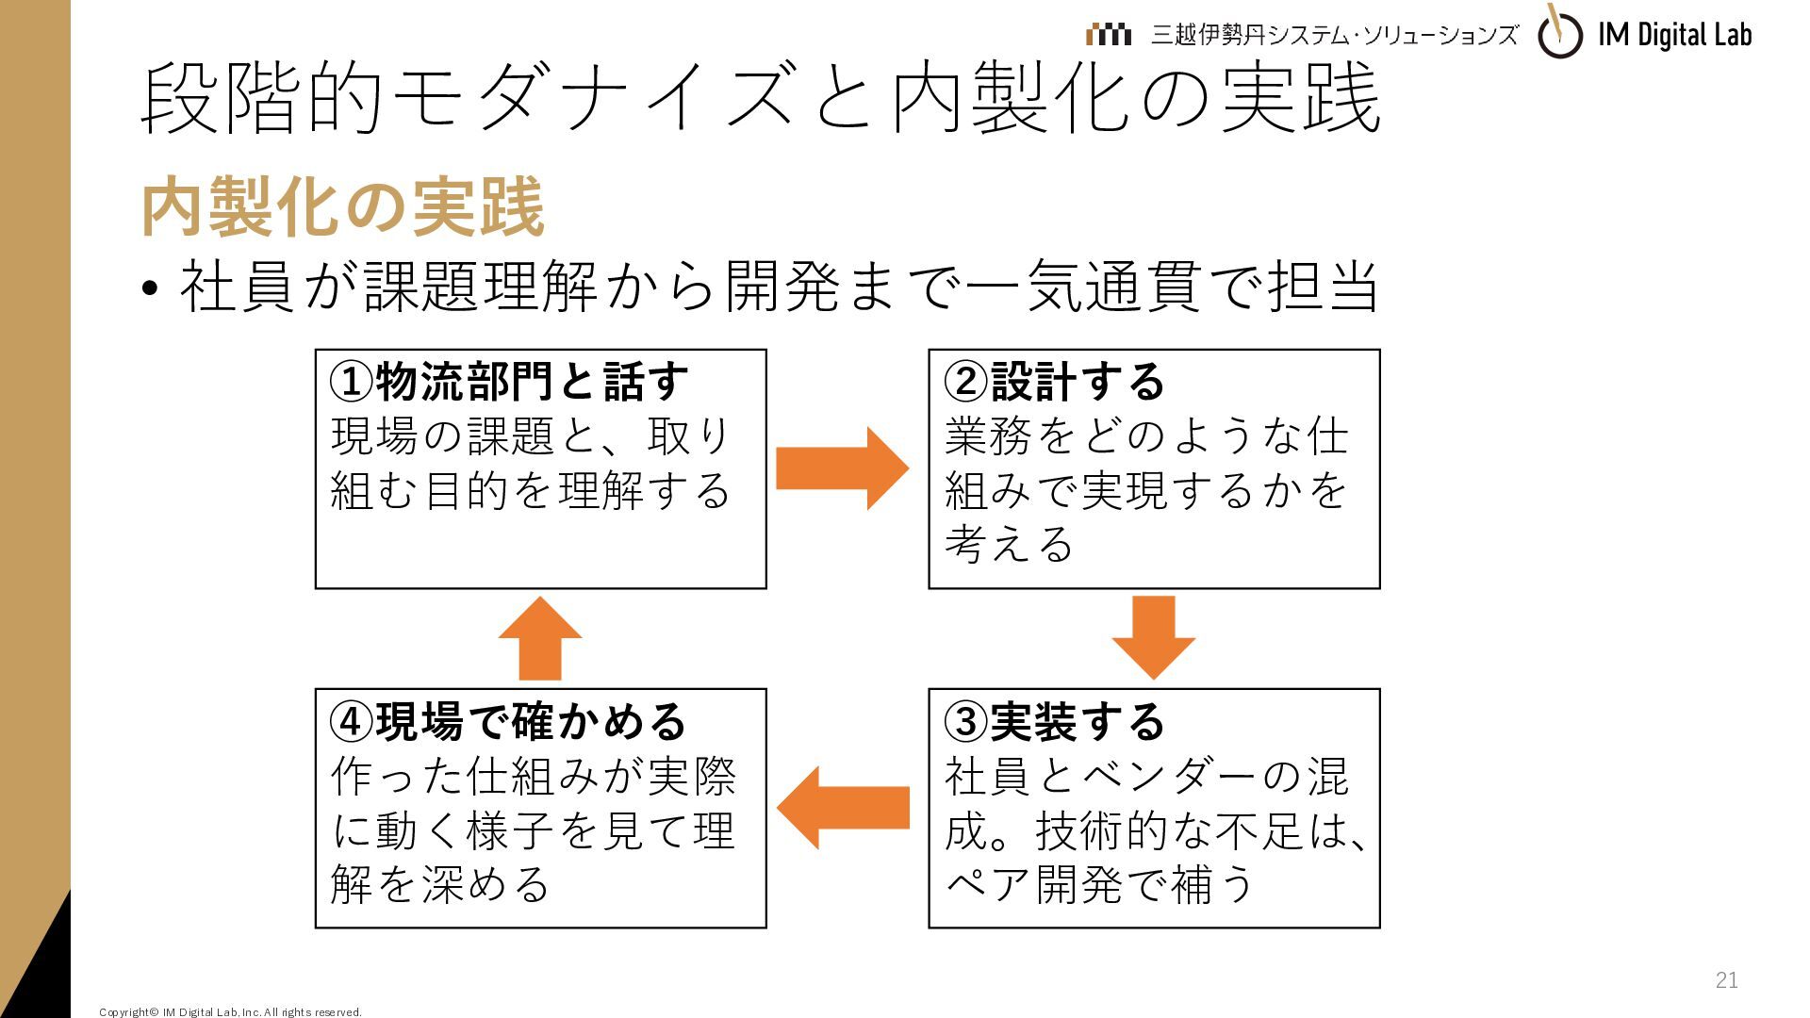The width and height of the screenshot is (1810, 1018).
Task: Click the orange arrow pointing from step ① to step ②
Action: tap(842, 468)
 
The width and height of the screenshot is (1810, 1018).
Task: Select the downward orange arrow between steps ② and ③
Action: tap(1154, 637)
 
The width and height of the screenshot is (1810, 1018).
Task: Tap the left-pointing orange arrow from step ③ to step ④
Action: tap(843, 808)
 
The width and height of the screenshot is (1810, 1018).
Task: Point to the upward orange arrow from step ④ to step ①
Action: tap(540, 638)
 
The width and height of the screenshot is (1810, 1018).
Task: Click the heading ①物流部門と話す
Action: tap(509, 382)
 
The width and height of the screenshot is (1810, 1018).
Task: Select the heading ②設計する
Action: tap(1055, 382)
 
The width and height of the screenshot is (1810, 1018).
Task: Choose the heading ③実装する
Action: tap(1055, 721)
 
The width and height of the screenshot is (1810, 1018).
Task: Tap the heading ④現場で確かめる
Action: tap(509, 721)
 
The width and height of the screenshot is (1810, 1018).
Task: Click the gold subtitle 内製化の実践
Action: tap(342, 206)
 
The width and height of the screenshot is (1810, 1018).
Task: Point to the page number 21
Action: tap(1726, 980)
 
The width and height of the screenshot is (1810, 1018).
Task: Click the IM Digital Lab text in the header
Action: tap(1675, 35)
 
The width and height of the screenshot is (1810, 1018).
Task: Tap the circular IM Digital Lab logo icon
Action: tap(1560, 34)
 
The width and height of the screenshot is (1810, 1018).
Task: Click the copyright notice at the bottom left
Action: tap(230, 1012)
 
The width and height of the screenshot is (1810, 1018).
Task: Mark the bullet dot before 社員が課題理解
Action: tap(149, 288)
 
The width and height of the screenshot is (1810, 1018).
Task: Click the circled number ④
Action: tap(351, 722)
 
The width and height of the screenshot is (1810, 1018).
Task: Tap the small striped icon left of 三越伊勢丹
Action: tap(1108, 35)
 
